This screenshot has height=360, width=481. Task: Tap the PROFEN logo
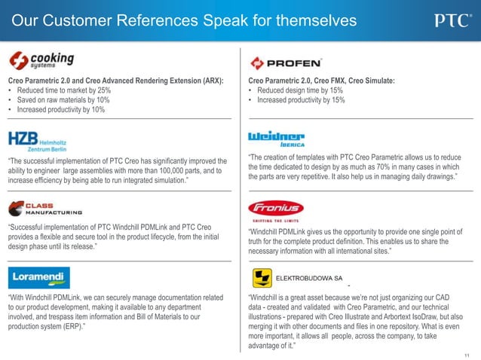click(286, 63)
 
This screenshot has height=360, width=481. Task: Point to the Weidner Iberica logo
click(276, 139)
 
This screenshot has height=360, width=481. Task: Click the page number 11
click(468, 352)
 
